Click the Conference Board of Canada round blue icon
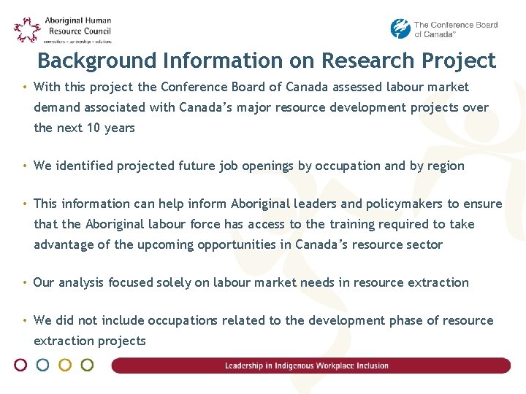coord(400,28)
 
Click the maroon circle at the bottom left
coord(21,365)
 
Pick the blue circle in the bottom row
coord(43,365)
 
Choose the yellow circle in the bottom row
coord(65,365)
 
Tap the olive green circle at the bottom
coord(87,365)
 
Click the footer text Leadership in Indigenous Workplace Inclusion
coord(307,366)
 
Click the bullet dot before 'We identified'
coord(25,166)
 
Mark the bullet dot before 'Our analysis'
coord(25,282)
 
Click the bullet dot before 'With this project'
coord(25,87)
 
